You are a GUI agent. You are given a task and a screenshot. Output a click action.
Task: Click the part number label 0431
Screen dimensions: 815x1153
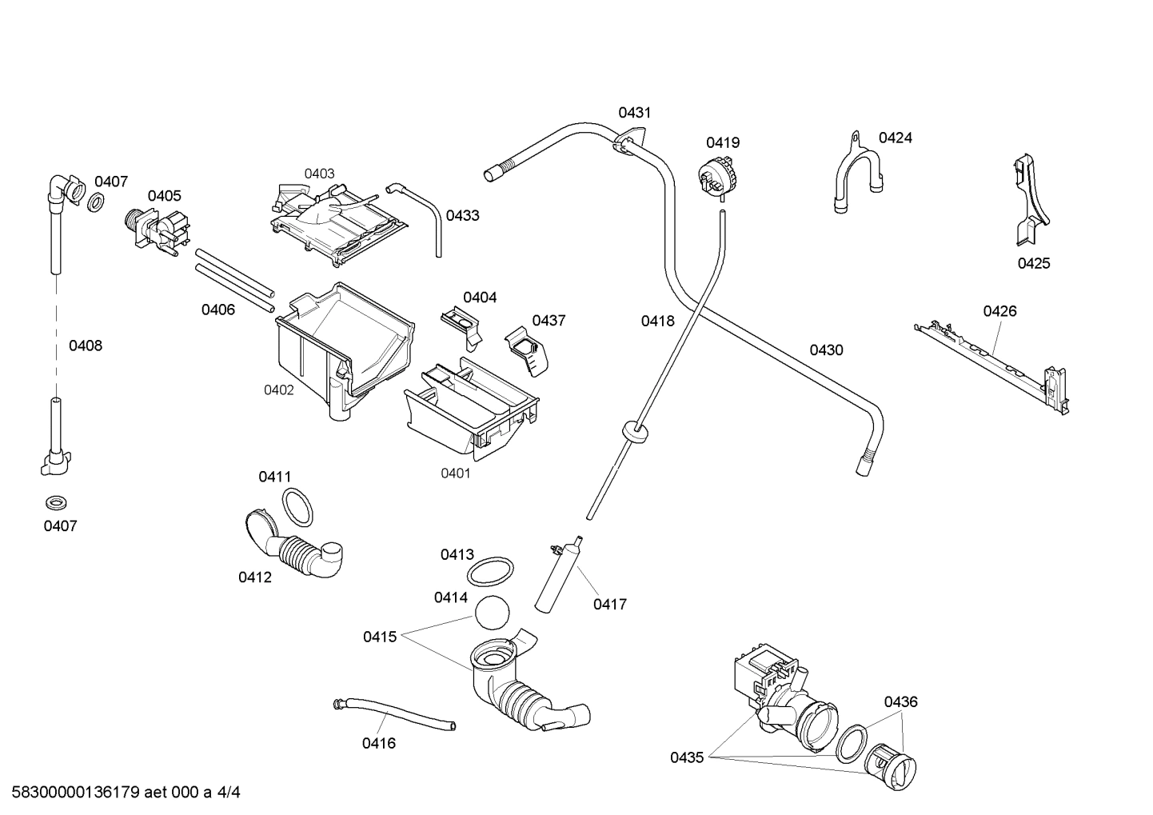[x=634, y=113]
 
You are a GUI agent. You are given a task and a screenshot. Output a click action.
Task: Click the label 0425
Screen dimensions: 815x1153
[x=1033, y=263]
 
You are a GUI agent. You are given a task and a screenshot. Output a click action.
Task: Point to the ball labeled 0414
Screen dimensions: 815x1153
[x=492, y=615]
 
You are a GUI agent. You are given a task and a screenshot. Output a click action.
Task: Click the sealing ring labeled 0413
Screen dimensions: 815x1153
[x=489, y=572]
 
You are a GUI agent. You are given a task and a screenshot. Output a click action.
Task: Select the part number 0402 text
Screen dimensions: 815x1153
[x=279, y=390]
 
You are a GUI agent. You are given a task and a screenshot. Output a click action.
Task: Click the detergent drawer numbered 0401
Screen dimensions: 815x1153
[x=472, y=412]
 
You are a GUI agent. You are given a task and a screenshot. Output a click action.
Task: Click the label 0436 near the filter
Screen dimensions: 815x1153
[x=900, y=701]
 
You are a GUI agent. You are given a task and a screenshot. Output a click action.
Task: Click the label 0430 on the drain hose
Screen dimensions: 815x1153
[x=826, y=350]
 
